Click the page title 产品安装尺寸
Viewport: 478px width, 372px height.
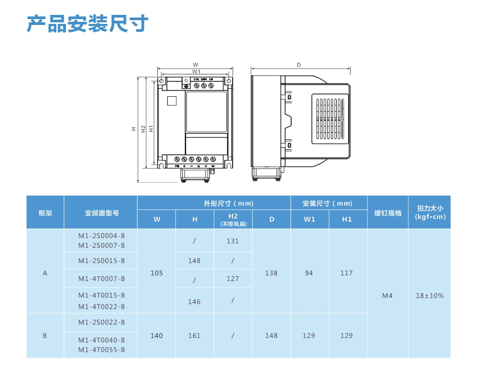[x=88, y=24]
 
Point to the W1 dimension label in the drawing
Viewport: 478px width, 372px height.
[x=196, y=71]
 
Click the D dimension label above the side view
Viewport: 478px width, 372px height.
[x=299, y=65]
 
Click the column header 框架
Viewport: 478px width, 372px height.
[x=45, y=213]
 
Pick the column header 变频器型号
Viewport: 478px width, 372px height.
[x=101, y=213]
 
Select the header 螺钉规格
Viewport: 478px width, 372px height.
[x=388, y=213]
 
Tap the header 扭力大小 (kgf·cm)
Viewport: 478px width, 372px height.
[x=430, y=213]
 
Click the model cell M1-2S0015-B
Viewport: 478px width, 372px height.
[x=101, y=261]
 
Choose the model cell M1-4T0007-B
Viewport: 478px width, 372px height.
[x=101, y=278]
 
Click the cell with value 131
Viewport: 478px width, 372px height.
[x=233, y=241]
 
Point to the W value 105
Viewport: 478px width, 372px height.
[x=157, y=273]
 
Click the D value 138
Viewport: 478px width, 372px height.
[x=271, y=273]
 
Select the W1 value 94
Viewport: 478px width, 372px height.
[x=309, y=273]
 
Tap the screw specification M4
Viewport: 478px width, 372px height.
[x=387, y=295]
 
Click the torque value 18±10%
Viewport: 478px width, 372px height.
[x=430, y=295]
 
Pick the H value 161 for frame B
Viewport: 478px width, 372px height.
[x=194, y=336]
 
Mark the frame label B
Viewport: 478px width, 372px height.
[x=45, y=336]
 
